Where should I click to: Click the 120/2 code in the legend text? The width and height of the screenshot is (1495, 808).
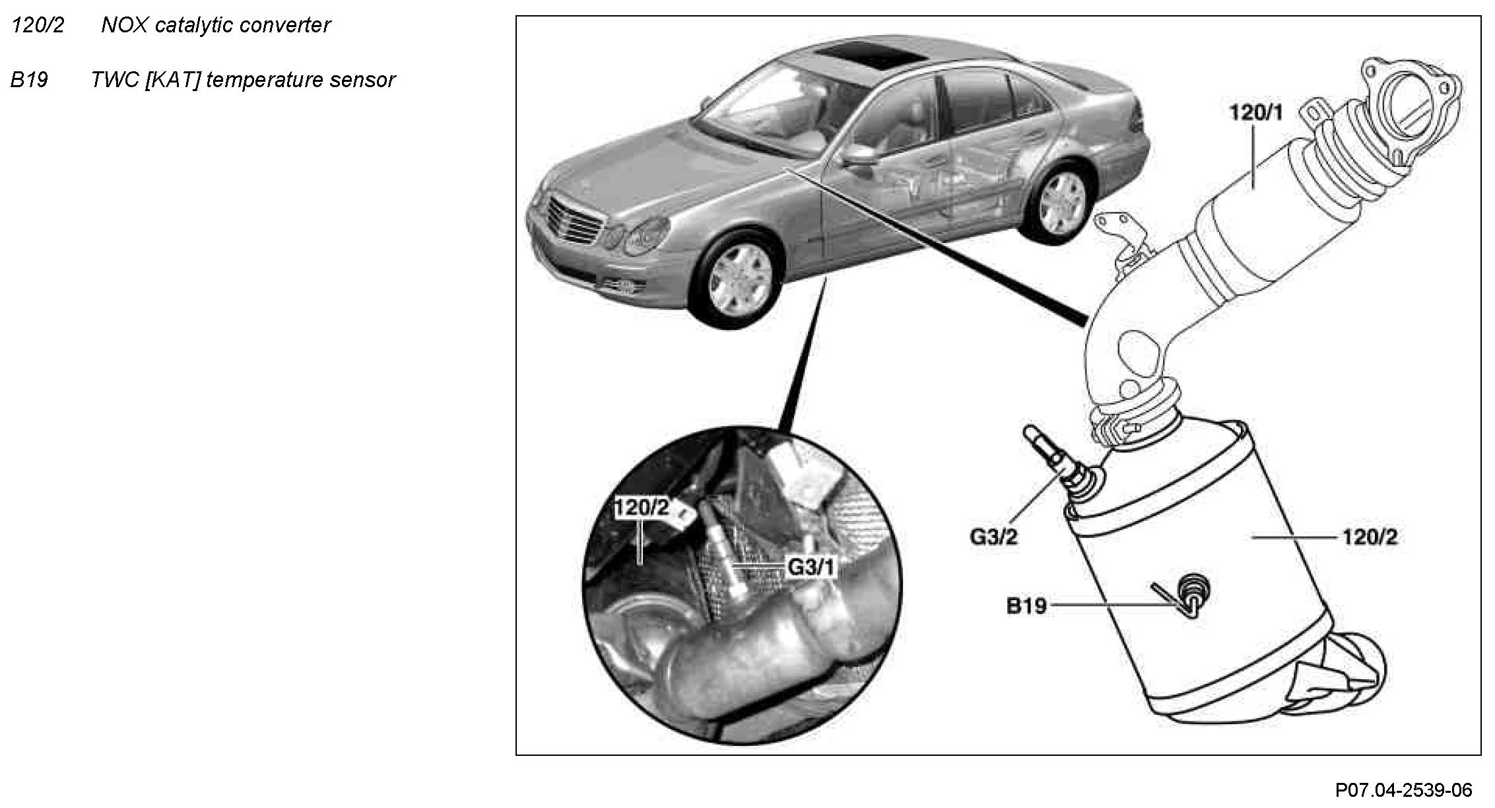[38, 26]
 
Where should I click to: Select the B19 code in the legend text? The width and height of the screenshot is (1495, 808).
[29, 81]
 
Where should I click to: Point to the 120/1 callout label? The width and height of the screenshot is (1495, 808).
[1255, 113]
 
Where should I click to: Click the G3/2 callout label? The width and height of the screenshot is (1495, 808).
[993, 537]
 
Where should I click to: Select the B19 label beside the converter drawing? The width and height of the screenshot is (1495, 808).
[1026, 605]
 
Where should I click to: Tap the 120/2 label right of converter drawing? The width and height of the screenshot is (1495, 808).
[1370, 537]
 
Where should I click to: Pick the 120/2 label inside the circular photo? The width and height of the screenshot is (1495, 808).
[642, 507]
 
